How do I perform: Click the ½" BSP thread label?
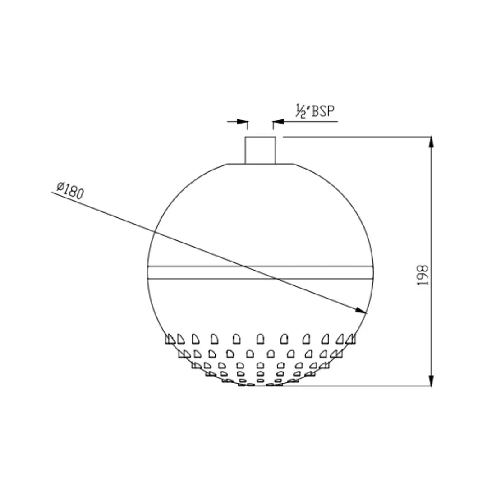coord(316,111)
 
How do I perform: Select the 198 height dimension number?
coord(423,275)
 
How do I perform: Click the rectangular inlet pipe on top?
coord(260,150)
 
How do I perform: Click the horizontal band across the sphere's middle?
coord(260,272)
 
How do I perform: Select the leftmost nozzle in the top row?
coord(170,339)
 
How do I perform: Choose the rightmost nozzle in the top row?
coord(350,339)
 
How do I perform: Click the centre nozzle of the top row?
coord(260,339)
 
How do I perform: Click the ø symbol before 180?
coord(60,186)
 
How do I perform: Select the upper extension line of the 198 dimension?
coord(356,136)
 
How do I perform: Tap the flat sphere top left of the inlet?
coord(236,164)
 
